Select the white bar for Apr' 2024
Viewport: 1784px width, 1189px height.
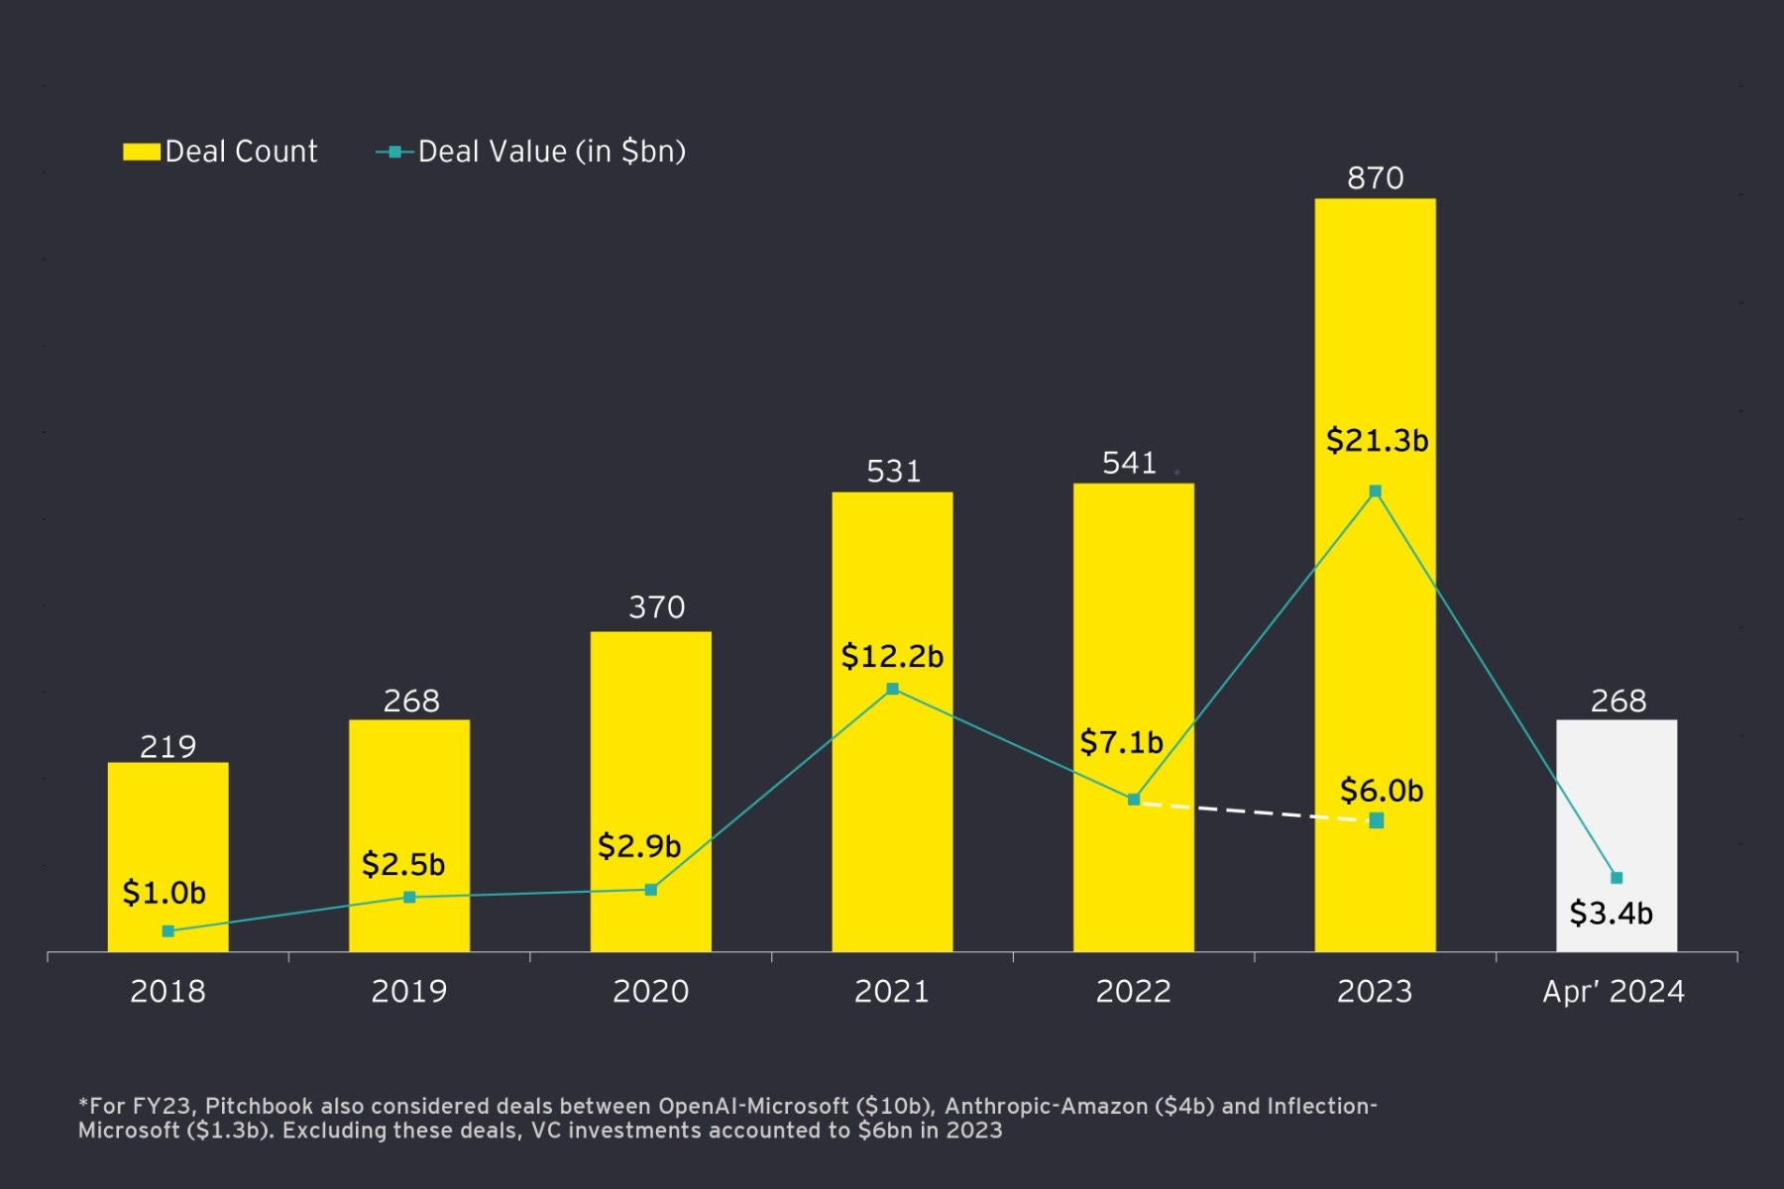(1617, 793)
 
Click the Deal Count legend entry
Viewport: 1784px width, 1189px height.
(220, 152)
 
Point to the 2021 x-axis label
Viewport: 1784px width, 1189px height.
(892, 991)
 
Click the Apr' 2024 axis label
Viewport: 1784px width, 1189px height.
(1614, 991)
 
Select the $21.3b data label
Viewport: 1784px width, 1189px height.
(1377, 440)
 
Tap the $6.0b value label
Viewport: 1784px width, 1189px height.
(1381, 791)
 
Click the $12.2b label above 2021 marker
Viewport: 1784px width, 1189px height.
(892, 656)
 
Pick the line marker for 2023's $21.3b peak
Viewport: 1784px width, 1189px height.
(1375, 491)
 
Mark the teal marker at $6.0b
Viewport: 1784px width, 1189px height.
(1377, 820)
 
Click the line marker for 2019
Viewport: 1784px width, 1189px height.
(409, 898)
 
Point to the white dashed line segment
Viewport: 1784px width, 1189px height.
(1254, 811)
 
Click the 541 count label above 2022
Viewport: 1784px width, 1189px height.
(1129, 464)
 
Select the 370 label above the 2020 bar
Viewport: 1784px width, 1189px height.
(656, 607)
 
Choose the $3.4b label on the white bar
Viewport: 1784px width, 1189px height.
(1611, 913)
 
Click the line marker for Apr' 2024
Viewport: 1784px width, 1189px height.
(1617, 878)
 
